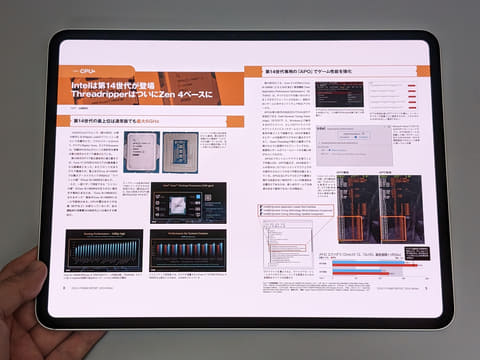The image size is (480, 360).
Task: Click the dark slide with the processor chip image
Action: point(187,202)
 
